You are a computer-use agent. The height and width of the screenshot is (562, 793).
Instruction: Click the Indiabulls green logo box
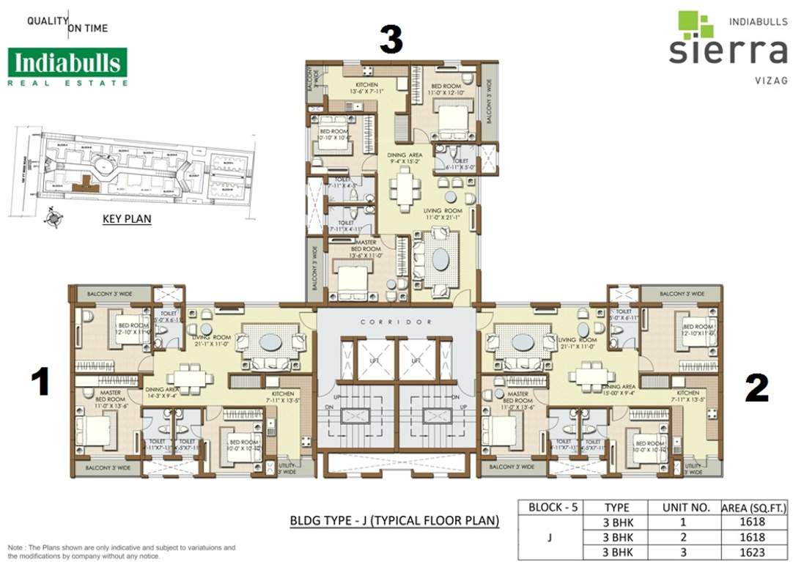coord(67,63)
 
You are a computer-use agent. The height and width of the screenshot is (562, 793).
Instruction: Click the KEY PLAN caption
coord(128,218)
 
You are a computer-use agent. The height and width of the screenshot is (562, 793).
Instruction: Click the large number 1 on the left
coord(40,383)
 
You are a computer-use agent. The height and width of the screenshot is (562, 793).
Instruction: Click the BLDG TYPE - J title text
coord(394,521)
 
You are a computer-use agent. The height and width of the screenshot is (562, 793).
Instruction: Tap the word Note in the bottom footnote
coord(15,548)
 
